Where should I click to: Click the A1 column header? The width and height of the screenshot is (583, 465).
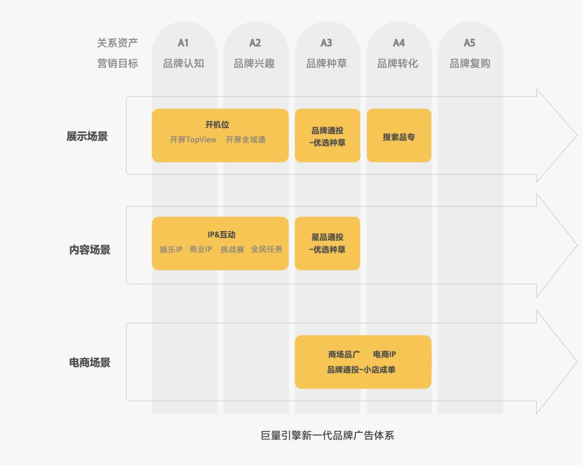[184, 43]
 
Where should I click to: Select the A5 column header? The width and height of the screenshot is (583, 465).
[470, 43]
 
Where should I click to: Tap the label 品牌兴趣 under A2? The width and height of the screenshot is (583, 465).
[254, 64]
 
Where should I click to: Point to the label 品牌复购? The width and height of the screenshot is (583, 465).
[470, 64]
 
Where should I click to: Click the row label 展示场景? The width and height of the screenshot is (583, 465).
[87, 136]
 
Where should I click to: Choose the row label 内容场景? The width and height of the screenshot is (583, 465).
[90, 250]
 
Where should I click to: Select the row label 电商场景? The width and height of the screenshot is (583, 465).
[90, 362]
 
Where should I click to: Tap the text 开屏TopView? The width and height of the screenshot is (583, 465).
[193, 139]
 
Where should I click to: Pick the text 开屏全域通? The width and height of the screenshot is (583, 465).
[246, 139]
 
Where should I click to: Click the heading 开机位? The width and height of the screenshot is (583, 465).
[217, 125]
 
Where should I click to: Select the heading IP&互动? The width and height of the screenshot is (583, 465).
[221, 235]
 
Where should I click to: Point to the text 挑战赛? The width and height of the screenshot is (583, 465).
[232, 249]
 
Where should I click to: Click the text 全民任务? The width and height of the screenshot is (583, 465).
[267, 249]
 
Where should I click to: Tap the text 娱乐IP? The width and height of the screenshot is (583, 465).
[171, 249]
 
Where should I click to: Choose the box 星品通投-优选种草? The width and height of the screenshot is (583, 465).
[328, 243]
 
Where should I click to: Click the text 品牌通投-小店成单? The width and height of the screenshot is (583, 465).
[361, 370]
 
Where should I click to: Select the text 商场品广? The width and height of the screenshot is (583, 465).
[344, 354]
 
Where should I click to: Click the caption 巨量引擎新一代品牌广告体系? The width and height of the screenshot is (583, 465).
[327, 435]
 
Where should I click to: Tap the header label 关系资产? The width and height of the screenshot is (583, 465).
[118, 43]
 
